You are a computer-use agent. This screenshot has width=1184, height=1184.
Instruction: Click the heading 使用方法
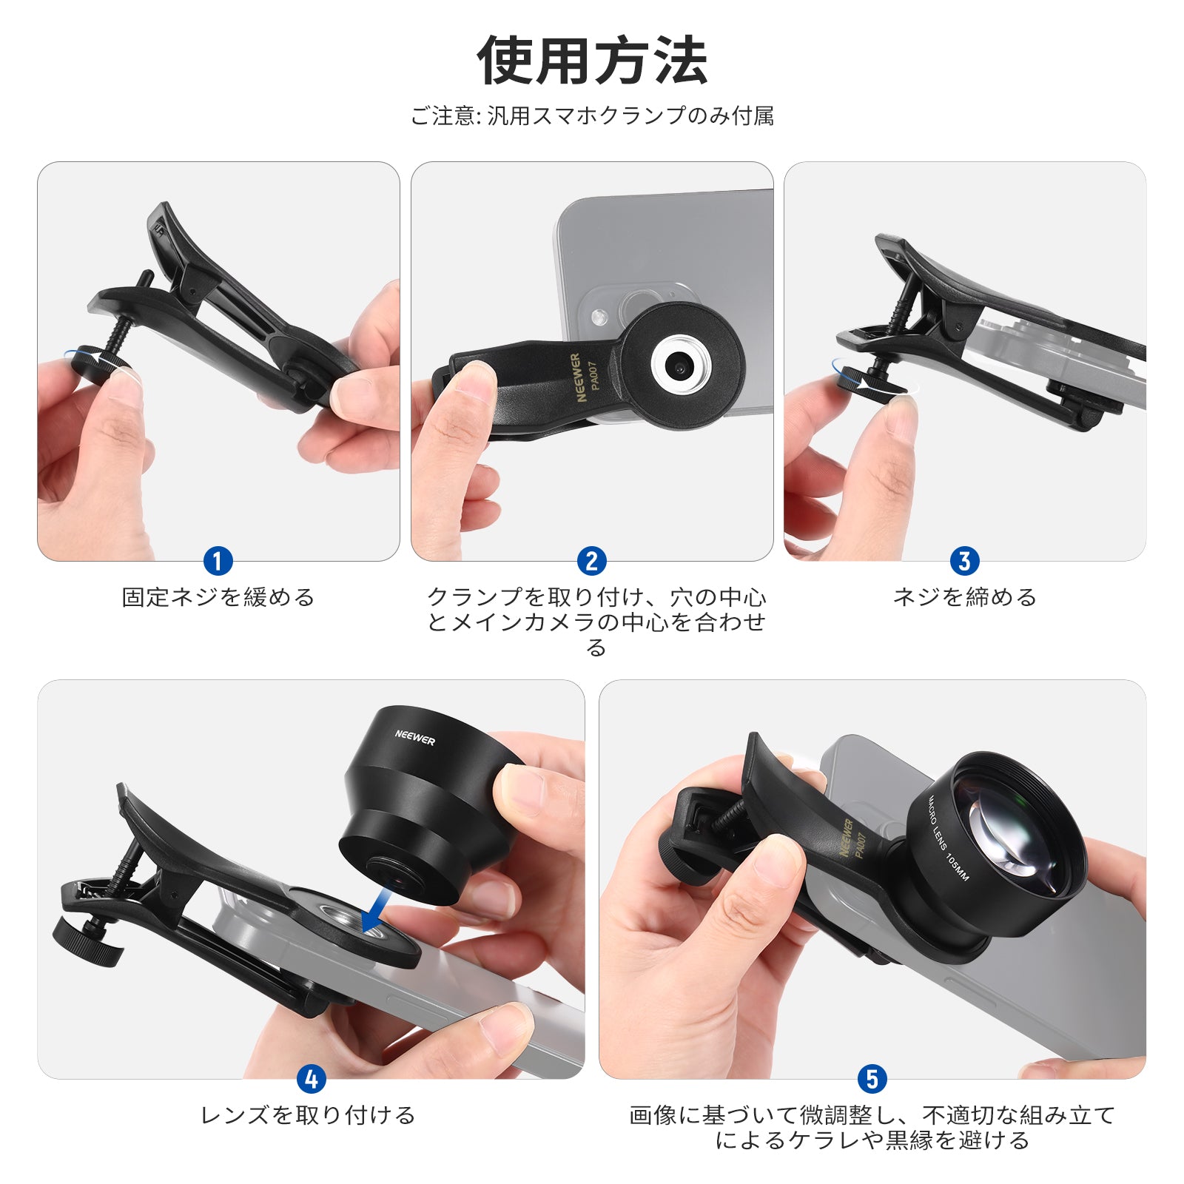coord(592,61)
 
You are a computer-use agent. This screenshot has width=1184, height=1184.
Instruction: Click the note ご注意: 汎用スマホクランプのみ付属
coord(592,116)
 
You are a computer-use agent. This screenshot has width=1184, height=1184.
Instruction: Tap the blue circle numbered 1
coord(218,562)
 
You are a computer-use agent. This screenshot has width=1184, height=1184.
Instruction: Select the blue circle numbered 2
coord(591,562)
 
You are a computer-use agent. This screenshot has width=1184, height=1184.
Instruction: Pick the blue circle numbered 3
coord(964,562)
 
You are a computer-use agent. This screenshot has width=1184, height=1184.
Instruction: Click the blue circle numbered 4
coord(311,1080)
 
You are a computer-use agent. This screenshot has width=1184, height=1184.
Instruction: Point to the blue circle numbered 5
coord(872,1080)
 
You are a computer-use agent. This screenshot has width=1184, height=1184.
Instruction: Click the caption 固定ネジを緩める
coord(218,597)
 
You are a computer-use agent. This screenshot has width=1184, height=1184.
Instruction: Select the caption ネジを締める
coord(965,597)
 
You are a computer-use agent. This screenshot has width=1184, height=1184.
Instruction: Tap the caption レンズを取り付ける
coord(308,1115)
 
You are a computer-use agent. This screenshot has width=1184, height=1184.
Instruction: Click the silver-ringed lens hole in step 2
coord(681,365)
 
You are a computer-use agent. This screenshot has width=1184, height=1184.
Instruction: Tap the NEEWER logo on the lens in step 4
coord(414,737)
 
